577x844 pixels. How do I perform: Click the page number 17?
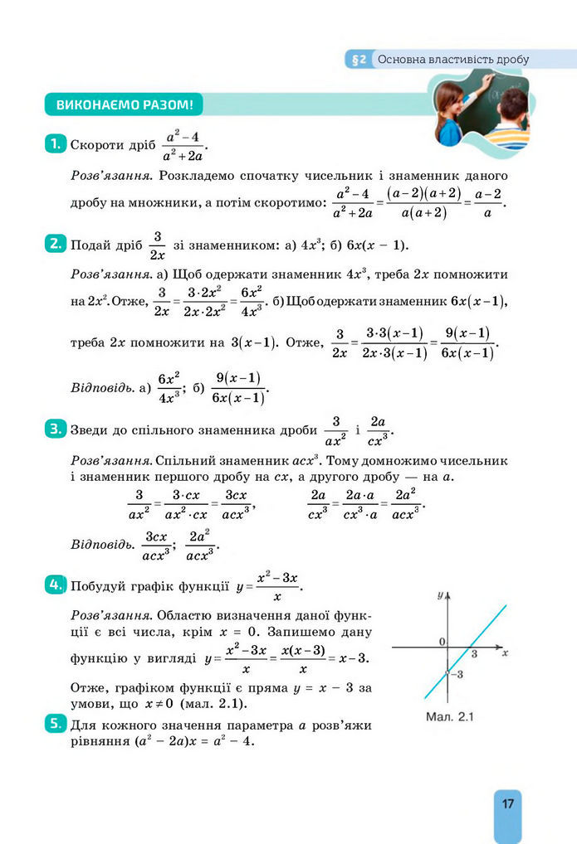click(507, 803)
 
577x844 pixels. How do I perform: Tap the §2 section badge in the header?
click(359, 60)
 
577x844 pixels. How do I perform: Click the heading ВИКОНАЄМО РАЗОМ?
click(124, 105)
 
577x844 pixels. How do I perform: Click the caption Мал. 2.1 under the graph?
click(449, 716)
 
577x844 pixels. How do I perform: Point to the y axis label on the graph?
click(440, 596)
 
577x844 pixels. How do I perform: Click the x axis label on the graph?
click(505, 653)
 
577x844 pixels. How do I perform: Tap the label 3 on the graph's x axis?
click(474, 655)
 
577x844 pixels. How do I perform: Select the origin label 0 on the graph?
click(442, 642)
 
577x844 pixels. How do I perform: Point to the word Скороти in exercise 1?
click(96, 145)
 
